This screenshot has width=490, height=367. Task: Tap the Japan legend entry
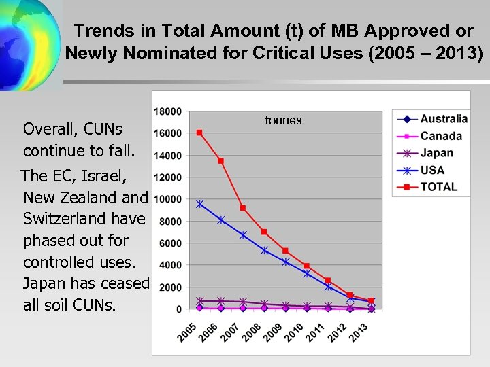click(x=436, y=153)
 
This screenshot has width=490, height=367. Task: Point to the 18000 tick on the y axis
click(x=168, y=111)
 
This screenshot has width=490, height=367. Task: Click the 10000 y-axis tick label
click(x=168, y=199)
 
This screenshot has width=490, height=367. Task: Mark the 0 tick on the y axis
click(x=178, y=309)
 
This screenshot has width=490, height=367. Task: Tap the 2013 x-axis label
click(x=359, y=332)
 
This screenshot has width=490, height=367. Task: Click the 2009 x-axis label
click(x=274, y=332)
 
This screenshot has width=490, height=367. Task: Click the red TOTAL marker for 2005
click(x=199, y=133)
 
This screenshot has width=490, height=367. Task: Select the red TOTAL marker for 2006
click(x=220, y=161)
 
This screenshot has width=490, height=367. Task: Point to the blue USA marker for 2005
click(x=199, y=204)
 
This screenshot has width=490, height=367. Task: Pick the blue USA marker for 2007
click(x=243, y=235)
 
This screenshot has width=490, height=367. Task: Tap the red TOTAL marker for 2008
click(x=264, y=232)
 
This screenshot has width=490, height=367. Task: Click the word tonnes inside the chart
click(x=283, y=120)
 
